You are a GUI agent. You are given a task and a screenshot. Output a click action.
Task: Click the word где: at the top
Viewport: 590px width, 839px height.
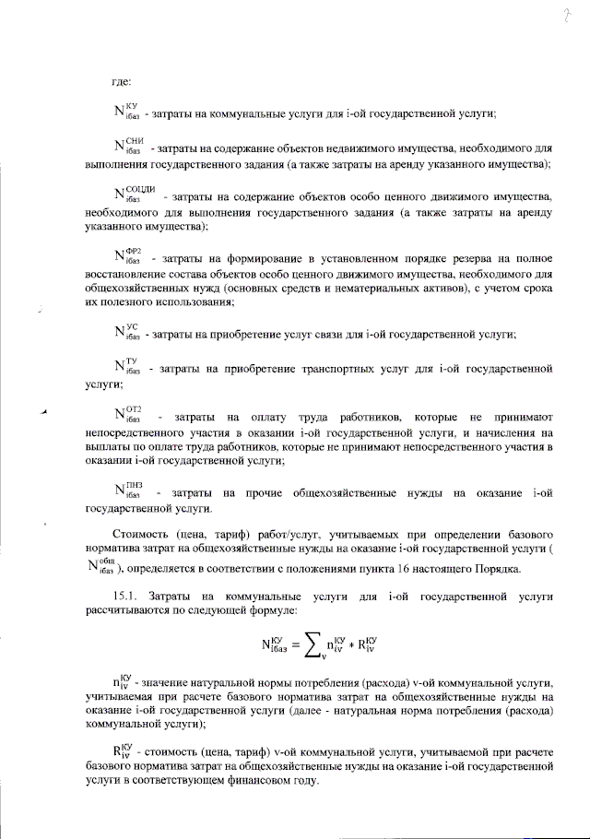122,83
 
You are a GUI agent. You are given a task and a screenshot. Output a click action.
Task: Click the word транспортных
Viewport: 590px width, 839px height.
315,369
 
